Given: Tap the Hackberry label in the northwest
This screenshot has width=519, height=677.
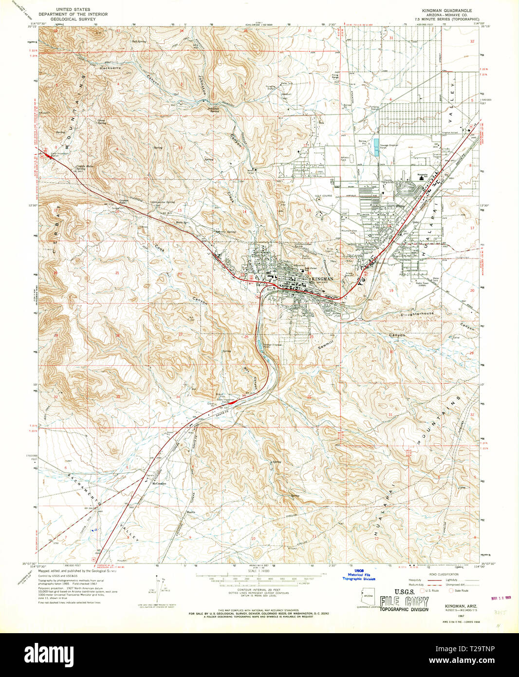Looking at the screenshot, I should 110,69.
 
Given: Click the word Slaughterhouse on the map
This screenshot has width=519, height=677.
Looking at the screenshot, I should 416,314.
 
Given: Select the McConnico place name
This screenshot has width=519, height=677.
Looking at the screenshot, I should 158,483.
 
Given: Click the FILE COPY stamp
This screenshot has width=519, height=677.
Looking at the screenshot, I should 404,602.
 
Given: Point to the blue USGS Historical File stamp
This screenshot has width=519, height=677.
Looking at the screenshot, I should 359,575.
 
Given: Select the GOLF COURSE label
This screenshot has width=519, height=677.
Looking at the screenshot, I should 323,196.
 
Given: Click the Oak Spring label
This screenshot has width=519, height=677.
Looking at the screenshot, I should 138,41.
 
